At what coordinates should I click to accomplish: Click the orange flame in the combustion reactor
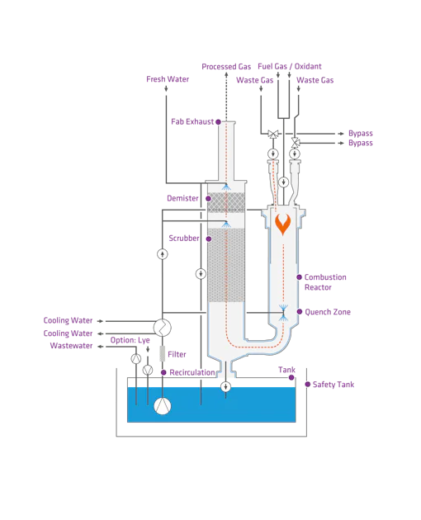pos(283,223)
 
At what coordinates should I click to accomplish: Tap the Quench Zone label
pos(330,313)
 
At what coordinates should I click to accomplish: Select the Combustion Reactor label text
pos(325,281)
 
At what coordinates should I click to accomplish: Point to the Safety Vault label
pos(333,384)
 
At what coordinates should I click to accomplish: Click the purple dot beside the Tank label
pos(291,377)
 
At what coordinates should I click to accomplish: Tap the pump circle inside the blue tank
pos(163,405)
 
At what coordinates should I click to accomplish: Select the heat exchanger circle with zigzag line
pos(162,328)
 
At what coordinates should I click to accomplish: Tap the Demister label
pos(182,198)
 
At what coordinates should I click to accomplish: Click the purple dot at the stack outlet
pos(218,122)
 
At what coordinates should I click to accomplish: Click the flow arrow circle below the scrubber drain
pos(225,386)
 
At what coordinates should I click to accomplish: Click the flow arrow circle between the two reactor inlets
pos(283,182)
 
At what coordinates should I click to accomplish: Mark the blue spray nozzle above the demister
pos(225,189)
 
